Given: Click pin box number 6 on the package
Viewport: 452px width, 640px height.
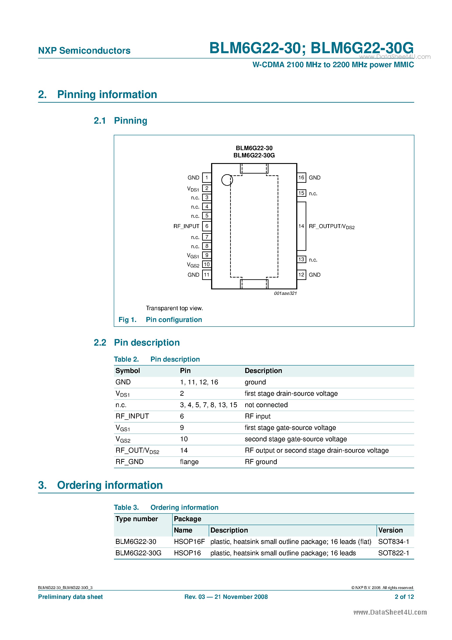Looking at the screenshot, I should click(207, 226).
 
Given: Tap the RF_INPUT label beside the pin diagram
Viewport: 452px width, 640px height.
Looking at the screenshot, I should click(186, 226).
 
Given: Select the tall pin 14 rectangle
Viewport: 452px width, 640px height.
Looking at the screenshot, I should click(301, 226).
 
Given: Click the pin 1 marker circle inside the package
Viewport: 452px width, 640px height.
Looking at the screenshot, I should click(227, 180).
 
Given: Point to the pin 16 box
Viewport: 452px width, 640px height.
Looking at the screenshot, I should click(301, 178).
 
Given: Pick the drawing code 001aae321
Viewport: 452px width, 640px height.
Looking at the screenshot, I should click(285, 293).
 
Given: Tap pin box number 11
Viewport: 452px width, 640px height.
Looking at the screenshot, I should click(207, 275).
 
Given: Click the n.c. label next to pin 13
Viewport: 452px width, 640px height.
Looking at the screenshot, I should click(313, 260).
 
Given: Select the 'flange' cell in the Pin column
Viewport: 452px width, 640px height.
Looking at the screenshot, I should click(189, 462).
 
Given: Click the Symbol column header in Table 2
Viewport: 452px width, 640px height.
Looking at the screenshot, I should click(128, 371).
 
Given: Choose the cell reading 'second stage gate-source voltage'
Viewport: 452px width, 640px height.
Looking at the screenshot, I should click(296, 439).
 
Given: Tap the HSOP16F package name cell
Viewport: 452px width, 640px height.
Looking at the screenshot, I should click(189, 542).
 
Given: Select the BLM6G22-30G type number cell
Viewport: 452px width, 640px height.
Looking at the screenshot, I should click(138, 553).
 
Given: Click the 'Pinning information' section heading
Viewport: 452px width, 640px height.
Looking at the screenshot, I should click(107, 95).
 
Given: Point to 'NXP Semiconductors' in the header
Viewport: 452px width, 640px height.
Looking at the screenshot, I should click(84, 51).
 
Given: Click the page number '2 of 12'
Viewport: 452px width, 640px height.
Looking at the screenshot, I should click(404, 597).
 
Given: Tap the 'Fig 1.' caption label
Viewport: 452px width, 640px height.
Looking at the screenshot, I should click(127, 320).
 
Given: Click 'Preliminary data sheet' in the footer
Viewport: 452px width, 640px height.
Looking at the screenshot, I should click(70, 597).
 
